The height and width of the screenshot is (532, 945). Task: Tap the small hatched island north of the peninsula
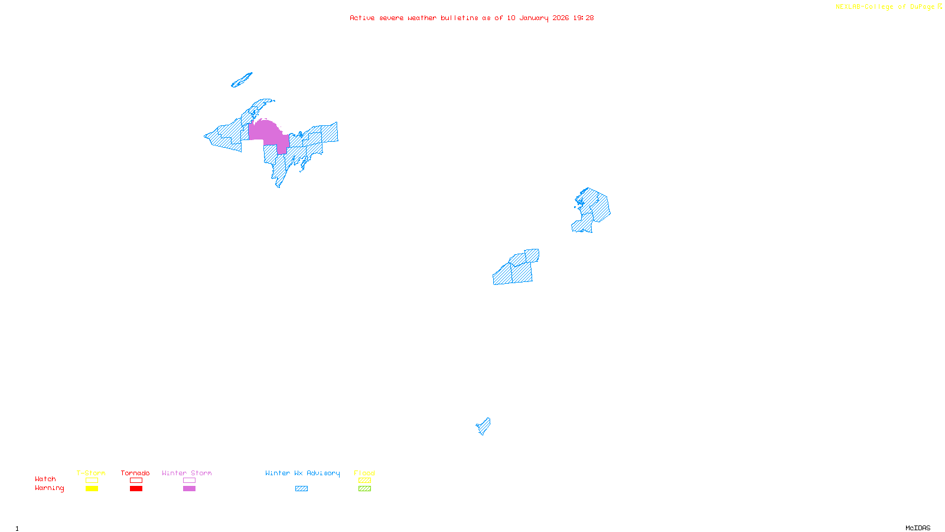point(242,80)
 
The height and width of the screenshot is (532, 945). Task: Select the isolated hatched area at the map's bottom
point(484,426)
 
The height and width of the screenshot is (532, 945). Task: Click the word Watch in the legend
point(45,479)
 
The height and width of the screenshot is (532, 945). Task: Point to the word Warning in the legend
point(49,488)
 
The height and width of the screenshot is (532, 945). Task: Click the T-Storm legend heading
point(91,473)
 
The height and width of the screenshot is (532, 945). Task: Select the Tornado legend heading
point(135,473)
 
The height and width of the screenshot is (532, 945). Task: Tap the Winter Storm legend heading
point(187,473)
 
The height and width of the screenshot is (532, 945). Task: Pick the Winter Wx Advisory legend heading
point(302,473)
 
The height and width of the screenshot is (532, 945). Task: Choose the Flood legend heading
point(364,473)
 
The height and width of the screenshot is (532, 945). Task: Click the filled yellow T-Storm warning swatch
point(92,489)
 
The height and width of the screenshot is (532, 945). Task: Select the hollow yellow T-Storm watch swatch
point(92,481)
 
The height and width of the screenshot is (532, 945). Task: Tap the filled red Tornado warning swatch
point(136,489)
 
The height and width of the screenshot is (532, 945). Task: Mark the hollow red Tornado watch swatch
point(136,481)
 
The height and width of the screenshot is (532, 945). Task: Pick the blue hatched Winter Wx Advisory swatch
point(301,489)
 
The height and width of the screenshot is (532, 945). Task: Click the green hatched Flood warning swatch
point(364,489)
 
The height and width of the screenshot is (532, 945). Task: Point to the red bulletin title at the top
point(471,18)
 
